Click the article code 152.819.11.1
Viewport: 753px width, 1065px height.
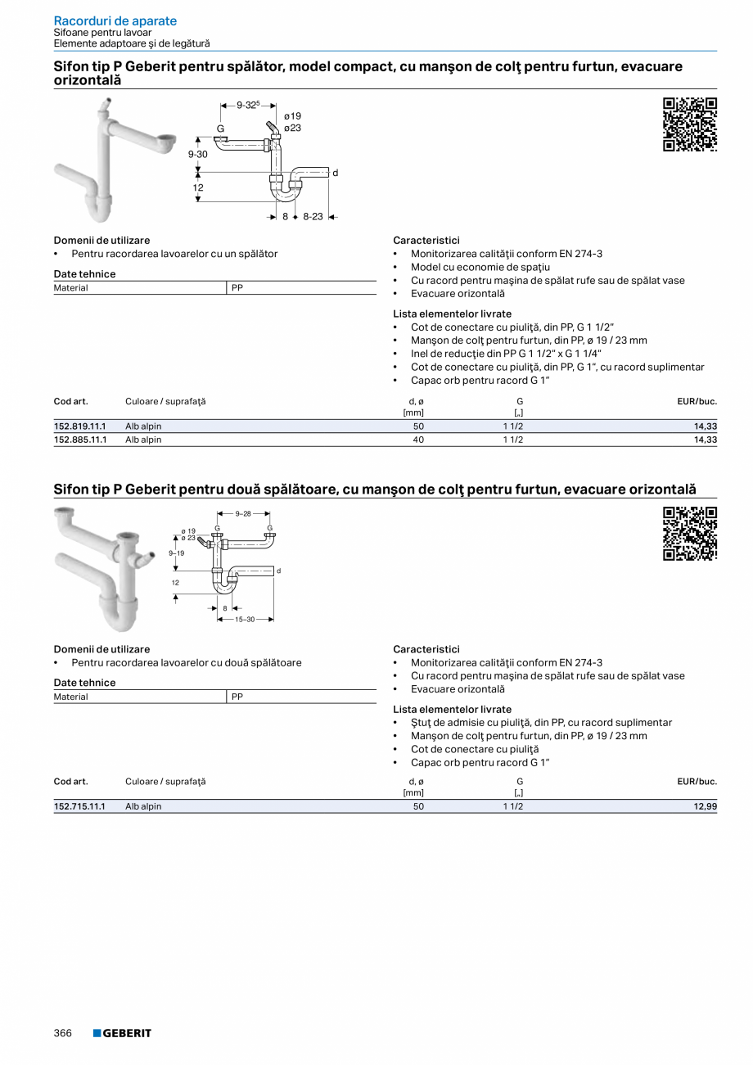(80, 426)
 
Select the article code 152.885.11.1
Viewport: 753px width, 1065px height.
(80, 440)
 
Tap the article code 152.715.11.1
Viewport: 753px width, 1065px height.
(80, 806)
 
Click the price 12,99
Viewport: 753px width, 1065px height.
(705, 806)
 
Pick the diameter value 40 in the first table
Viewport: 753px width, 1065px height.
(418, 440)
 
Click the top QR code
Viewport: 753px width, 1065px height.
(689, 124)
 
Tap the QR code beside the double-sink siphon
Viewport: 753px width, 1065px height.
(689, 534)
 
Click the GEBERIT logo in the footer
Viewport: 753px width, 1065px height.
(122, 1033)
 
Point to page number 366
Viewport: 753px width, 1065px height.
(63, 1033)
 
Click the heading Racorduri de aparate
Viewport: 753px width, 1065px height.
(115, 20)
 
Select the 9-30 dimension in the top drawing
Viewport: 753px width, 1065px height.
(197, 154)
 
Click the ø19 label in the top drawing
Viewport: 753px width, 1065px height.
(292, 116)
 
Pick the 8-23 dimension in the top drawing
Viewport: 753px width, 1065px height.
(313, 217)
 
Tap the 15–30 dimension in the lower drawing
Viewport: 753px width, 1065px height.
(245, 619)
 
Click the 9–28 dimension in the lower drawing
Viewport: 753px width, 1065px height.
(244, 514)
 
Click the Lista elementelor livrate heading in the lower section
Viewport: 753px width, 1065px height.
(452, 709)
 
